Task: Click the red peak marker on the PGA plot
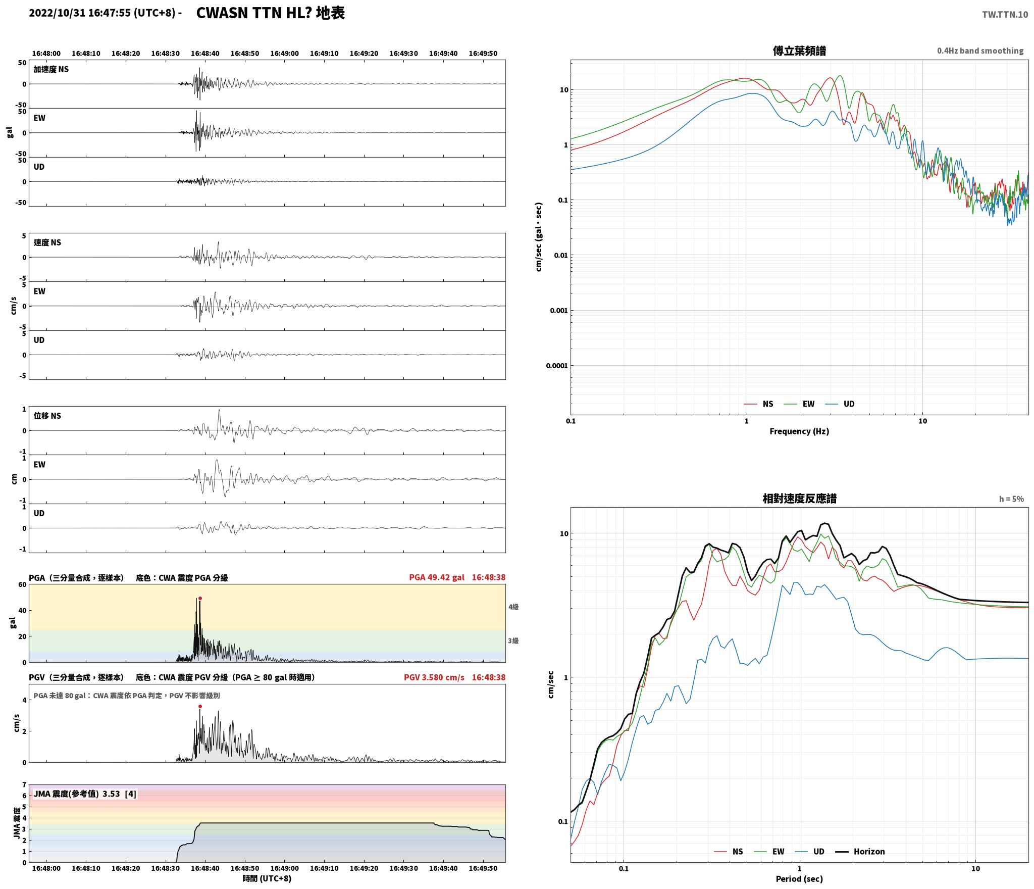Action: point(200,598)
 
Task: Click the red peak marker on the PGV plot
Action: point(200,706)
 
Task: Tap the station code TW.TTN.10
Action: point(1005,14)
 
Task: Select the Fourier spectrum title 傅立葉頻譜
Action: point(799,51)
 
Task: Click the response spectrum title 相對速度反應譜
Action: point(799,498)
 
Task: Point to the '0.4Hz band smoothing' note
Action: point(980,51)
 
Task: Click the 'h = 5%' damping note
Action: point(1011,499)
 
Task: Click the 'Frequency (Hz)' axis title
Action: point(799,431)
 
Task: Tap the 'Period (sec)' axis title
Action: point(799,878)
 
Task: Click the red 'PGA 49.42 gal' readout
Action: point(437,577)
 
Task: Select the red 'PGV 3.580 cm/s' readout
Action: point(434,677)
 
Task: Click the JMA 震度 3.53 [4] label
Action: point(85,794)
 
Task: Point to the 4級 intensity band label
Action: point(513,607)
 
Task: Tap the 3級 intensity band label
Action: point(513,640)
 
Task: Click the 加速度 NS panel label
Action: point(51,69)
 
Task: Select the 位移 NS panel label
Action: point(47,416)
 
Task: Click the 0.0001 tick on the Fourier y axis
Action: point(557,365)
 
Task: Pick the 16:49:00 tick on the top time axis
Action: point(284,53)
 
